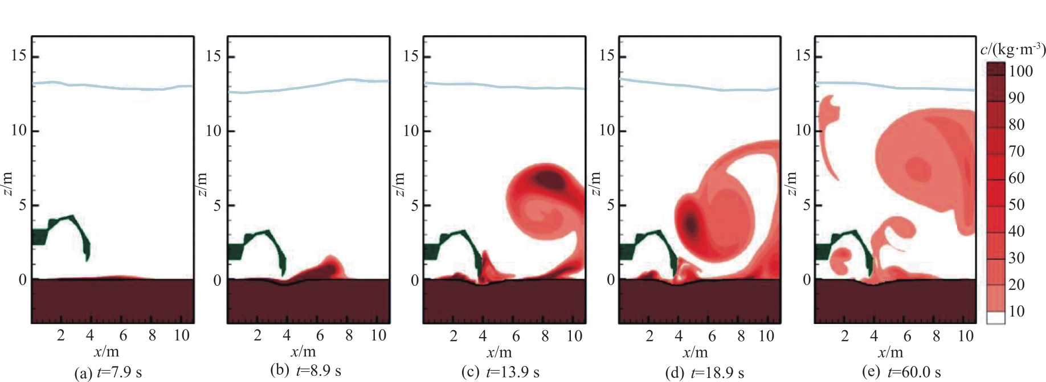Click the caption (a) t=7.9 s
[108, 373]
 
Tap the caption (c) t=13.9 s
[500, 372]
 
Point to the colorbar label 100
[1020, 71]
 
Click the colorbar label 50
[1016, 204]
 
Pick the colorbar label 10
[1016, 311]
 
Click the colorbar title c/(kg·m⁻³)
[1012, 50]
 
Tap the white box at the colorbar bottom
[995, 318]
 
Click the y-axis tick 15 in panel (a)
[19, 56]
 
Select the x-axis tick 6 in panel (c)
[516, 336]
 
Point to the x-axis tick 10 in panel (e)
[965, 336]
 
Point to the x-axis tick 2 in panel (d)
[649, 336]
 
